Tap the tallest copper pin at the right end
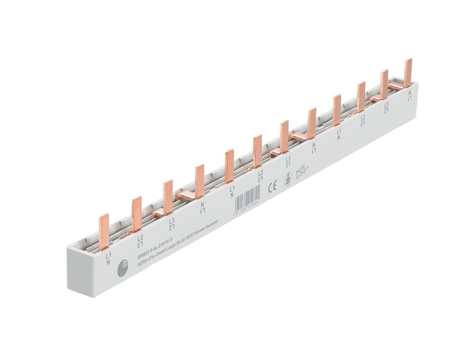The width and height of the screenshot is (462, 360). coord(408,72)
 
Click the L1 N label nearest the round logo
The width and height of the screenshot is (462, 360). coord(108,258)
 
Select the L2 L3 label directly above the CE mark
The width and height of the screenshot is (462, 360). coord(261,176)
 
